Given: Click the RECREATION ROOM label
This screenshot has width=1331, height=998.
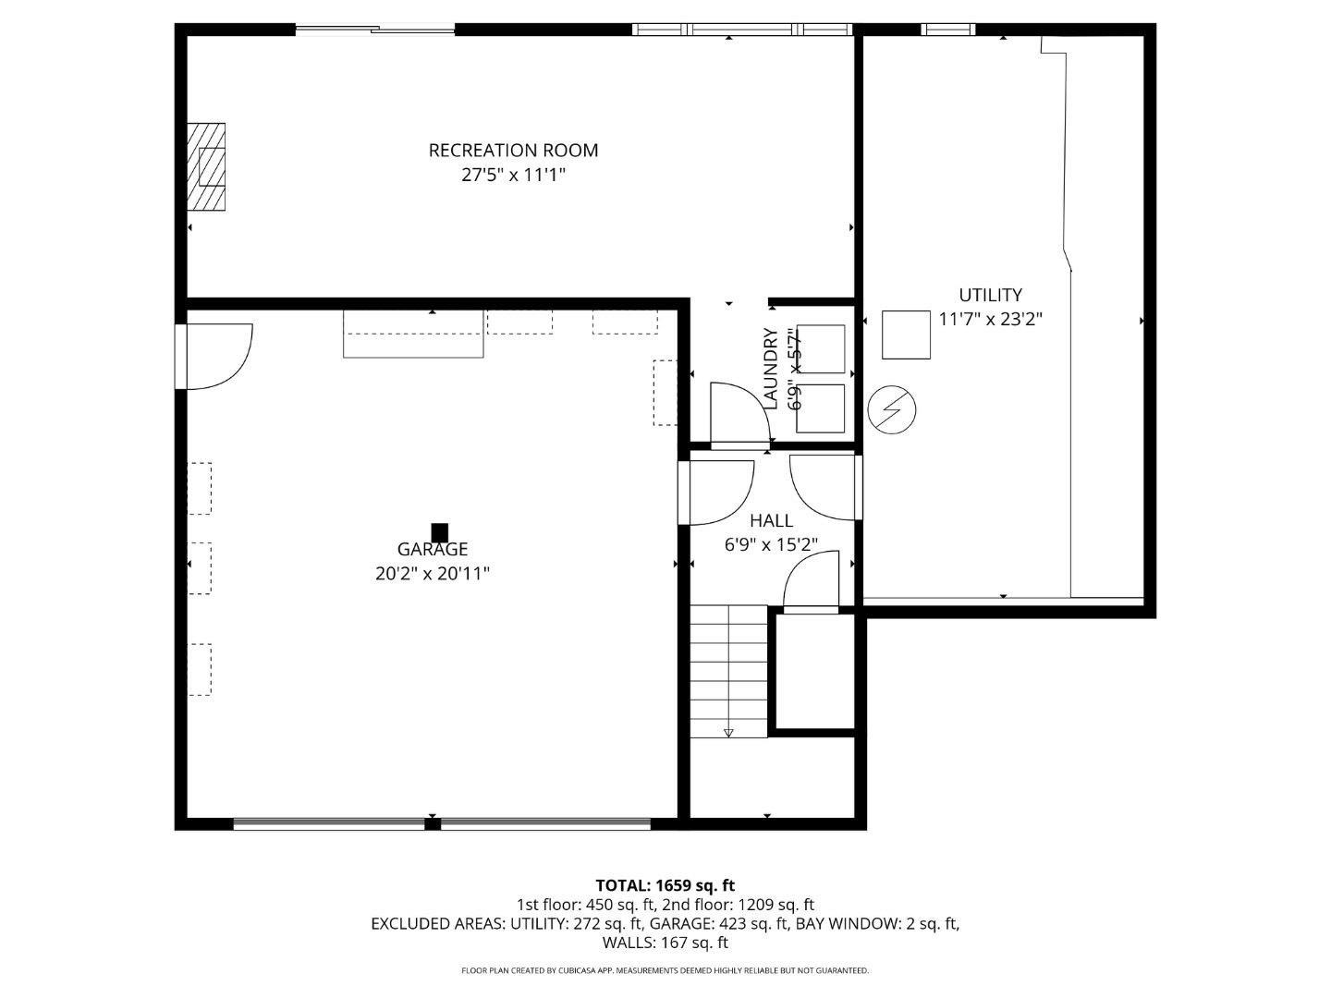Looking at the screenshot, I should (x=513, y=150).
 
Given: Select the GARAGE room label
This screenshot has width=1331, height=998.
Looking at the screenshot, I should (x=433, y=549).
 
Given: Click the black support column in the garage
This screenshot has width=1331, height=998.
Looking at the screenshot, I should (x=440, y=532).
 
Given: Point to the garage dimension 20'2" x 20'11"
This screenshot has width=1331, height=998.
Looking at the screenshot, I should (x=433, y=574).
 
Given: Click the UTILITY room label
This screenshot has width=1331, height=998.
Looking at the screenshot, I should (x=990, y=295).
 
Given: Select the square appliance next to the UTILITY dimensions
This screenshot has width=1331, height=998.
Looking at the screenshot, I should (x=906, y=335).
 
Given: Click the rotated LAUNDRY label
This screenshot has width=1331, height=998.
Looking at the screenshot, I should (x=771, y=368).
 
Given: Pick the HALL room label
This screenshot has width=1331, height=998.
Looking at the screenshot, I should (x=771, y=521).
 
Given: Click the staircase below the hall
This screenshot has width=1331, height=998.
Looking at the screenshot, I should (x=728, y=671).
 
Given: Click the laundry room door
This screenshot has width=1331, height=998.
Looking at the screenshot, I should (x=739, y=415).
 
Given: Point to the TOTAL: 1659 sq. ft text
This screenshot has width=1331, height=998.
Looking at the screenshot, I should (x=665, y=885).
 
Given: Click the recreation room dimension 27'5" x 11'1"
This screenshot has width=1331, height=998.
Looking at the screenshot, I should (x=513, y=175).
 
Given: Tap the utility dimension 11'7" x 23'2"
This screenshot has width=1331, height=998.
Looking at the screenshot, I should (x=990, y=320).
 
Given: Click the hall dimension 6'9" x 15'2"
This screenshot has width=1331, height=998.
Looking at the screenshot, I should (x=771, y=545).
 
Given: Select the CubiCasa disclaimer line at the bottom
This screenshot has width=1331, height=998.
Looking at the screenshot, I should (x=665, y=970).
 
